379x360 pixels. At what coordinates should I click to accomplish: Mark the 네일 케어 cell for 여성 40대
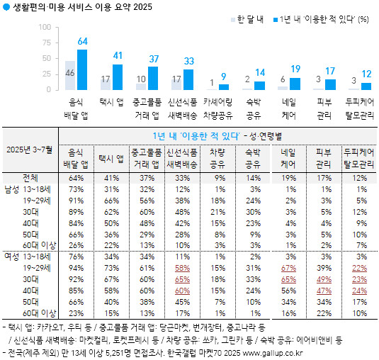coord(288,290)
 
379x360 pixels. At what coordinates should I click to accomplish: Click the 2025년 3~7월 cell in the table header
coord(30,150)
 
